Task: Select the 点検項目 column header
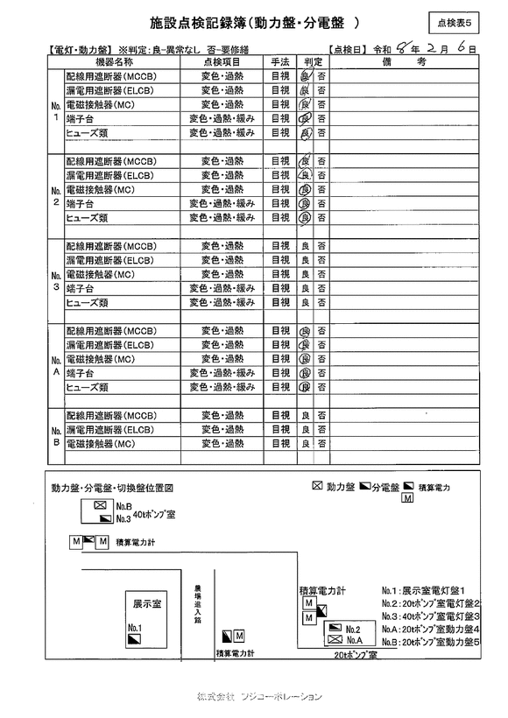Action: click(222, 63)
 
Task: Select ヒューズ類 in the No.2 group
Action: click(87, 217)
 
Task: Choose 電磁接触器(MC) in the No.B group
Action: click(100, 444)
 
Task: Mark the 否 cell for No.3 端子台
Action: click(321, 288)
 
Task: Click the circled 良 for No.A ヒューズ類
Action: click(306, 387)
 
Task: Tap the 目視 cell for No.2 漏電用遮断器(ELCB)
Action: click(280, 175)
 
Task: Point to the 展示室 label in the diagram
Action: click(146, 604)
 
